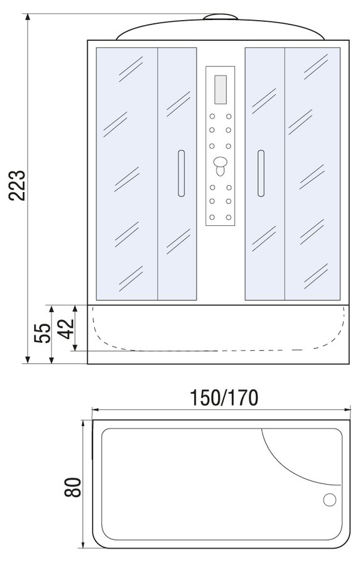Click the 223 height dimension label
click(18, 186)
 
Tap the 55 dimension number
click(43, 333)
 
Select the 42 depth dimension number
click(67, 329)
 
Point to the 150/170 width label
click(224, 398)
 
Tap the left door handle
click(181, 173)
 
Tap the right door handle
click(261, 173)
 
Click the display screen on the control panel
click(221, 89)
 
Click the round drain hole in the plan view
click(330, 500)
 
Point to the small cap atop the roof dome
click(221, 16)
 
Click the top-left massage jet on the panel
click(212, 116)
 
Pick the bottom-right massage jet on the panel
click(229, 217)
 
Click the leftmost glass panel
click(127, 174)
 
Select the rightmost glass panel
click(312, 174)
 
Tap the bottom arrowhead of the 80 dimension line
click(84, 544)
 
